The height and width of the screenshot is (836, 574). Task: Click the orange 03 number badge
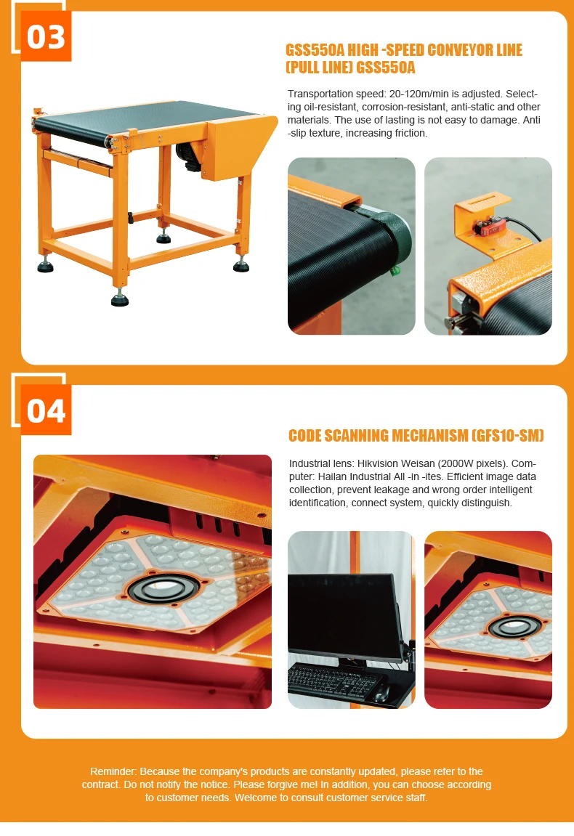coord(46,36)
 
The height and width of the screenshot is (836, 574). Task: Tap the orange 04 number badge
coord(46,410)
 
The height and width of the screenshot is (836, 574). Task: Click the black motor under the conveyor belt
coord(188,155)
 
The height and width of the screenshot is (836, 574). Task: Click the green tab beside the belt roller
coord(395,272)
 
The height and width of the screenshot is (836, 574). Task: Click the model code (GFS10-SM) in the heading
coord(507,436)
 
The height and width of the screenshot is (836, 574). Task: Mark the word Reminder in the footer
coord(112,771)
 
